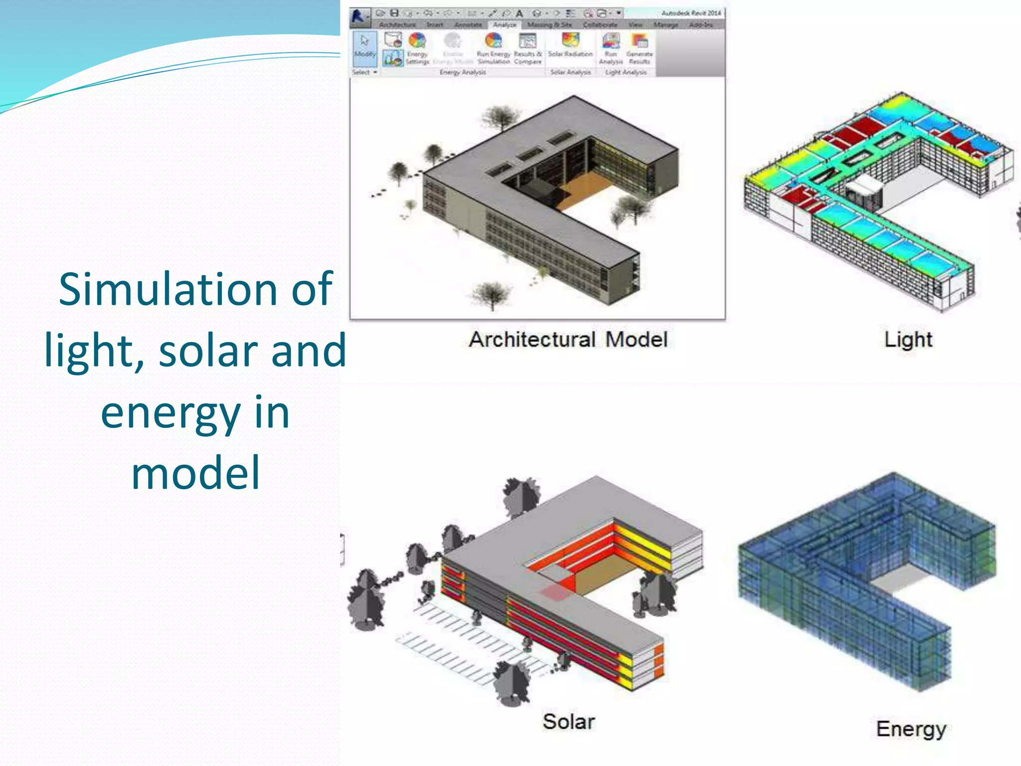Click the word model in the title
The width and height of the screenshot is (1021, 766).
click(195, 473)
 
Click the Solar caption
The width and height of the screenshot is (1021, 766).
click(568, 722)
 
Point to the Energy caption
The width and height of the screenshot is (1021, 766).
click(911, 729)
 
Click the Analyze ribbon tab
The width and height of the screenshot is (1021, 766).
click(504, 24)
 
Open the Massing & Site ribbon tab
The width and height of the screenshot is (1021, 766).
click(549, 24)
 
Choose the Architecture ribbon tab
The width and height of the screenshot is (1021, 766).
click(397, 24)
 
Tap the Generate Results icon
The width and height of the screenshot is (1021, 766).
click(639, 41)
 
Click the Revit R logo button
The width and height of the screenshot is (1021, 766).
click(358, 16)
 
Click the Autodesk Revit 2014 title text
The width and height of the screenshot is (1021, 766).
click(691, 13)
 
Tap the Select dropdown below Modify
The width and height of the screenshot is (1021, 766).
click(364, 73)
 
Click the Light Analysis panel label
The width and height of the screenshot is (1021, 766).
click(626, 73)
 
